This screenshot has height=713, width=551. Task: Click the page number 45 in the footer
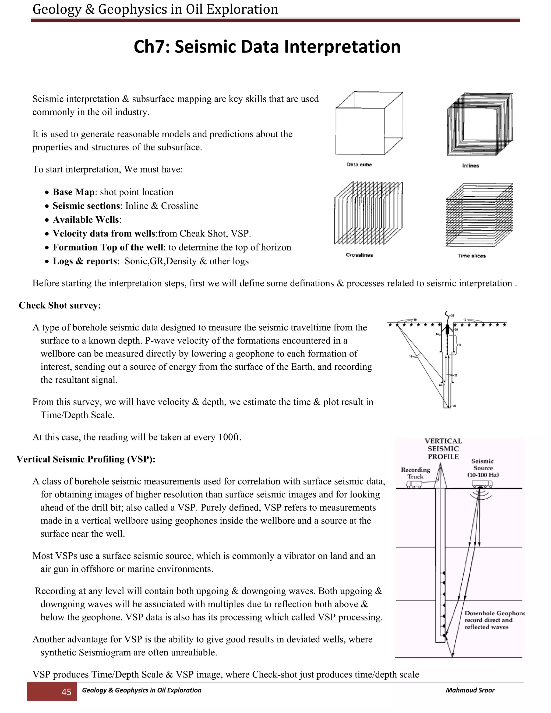(66, 692)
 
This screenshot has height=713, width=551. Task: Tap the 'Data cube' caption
(359, 165)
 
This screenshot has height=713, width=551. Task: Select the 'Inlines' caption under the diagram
(470, 166)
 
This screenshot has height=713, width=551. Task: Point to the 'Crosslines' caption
(359, 255)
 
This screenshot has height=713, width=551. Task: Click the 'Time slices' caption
(471, 256)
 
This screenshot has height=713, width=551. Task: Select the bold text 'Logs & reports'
(85, 261)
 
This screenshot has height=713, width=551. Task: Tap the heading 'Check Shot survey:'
(60, 305)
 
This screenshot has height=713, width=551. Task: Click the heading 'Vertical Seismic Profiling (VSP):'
(86, 459)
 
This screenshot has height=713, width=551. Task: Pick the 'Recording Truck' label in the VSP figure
(415, 473)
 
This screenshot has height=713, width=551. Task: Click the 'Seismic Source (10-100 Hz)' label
(483, 468)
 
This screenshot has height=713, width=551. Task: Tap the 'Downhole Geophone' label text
(494, 613)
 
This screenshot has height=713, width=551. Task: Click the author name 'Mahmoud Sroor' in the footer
(470, 690)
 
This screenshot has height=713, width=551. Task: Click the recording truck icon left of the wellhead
(414, 485)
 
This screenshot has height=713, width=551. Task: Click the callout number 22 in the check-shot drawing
(454, 406)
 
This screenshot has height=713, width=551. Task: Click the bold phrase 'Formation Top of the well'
(108, 248)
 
